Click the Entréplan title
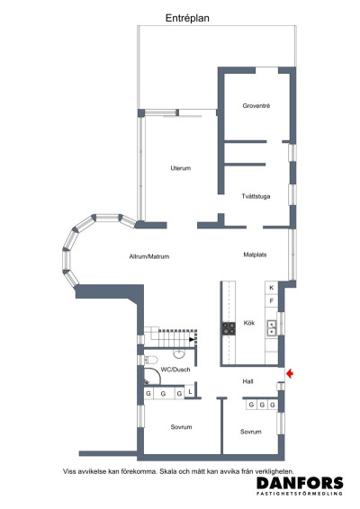pyautogui.click(x=188, y=17)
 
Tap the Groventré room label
pyautogui.click(x=256, y=106)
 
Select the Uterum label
pyautogui.click(x=181, y=168)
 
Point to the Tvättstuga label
pyautogui.click(x=256, y=196)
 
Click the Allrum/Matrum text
pyautogui.click(x=148, y=256)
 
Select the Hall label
pyautogui.click(x=247, y=381)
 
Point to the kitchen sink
pyautogui.click(x=271, y=327)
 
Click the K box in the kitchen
pyautogui.click(x=271, y=288)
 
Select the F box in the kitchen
pyautogui.click(x=271, y=301)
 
